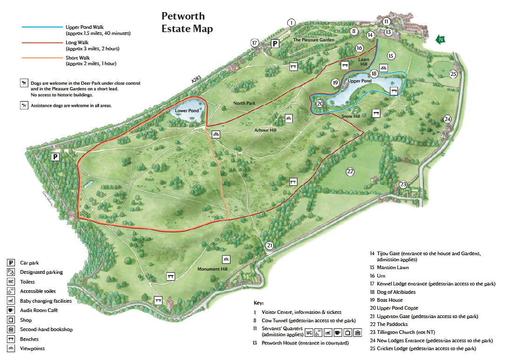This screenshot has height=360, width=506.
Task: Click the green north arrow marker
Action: tap(440, 40)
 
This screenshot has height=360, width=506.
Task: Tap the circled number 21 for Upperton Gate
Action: tap(270, 245)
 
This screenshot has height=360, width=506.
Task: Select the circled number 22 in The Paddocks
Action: tap(350, 172)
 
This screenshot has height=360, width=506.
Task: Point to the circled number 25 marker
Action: tap(453, 74)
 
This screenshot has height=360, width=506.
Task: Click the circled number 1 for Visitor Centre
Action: tap(291, 22)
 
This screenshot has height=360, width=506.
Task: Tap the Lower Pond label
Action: tap(187, 111)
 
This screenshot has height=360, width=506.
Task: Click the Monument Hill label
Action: tap(212, 269)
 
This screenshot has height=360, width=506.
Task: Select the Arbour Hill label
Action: tap(265, 130)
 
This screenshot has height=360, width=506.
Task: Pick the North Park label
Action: tap(244, 103)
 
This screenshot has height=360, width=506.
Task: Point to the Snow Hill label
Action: tap(351, 116)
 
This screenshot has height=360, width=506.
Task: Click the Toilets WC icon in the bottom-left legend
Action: tap(11, 282)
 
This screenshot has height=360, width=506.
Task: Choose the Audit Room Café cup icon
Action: tap(11, 310)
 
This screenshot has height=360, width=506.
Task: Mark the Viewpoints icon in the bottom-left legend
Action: tap(11, 348)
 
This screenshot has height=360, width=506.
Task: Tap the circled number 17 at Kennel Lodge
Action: tap(255, 43)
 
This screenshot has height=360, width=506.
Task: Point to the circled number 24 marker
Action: tap(447, 119)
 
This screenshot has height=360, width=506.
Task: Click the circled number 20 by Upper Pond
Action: tap(320, 104)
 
